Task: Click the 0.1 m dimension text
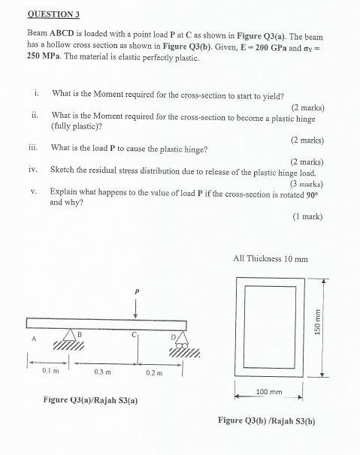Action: click(50, 371)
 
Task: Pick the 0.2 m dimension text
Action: click(155, 372)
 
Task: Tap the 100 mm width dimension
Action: click(268, 392)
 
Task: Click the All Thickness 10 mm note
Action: click(271, 259)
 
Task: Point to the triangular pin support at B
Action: click(77, 336)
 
